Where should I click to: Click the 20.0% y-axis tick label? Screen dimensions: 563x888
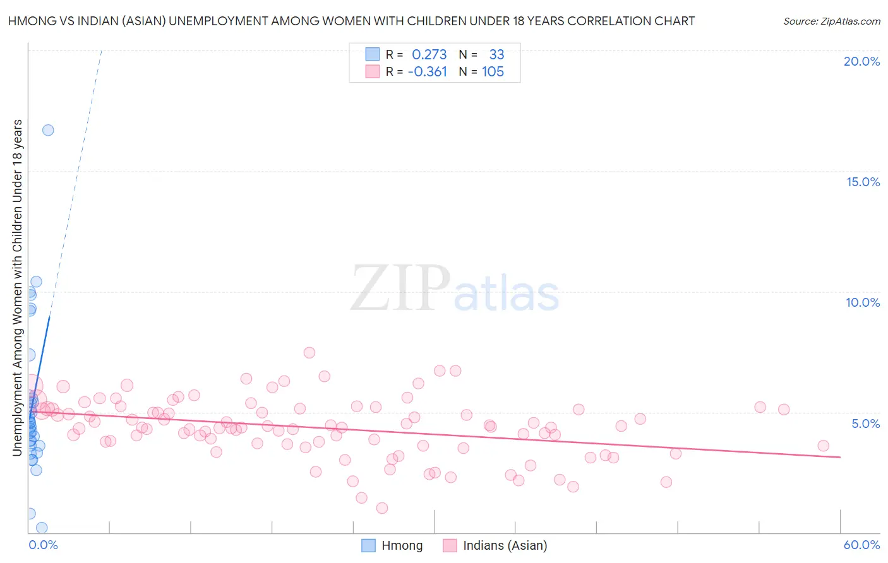coord(861,61)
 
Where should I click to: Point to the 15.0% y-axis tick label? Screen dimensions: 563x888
coord(863,182)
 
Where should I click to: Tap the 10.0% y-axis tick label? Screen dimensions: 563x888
coord(863,302)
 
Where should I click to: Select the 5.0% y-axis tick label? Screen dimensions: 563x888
coord(865,424)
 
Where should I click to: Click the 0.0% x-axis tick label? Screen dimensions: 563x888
coord(43,545)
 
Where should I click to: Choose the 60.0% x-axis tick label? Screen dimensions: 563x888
coord(861,545)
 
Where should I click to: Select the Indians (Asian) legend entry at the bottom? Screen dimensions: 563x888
coord(496,545)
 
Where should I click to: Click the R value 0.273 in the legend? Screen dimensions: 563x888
coord(429,55)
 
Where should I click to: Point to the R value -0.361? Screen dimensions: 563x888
coord(428,72)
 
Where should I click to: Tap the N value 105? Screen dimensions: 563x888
coord(493,72)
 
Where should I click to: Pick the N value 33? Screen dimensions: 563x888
coord(496,55)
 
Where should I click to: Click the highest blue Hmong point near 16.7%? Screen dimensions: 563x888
coord(48,130)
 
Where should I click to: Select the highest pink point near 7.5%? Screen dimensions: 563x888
coord(309,353)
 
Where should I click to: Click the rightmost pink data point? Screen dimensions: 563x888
coord(823,446)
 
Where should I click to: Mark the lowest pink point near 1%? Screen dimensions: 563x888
coord(381,508)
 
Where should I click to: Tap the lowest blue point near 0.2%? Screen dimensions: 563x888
coord(42,528)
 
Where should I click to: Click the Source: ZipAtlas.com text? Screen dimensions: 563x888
coord(831,21)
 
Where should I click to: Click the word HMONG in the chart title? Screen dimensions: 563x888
coord(31,21)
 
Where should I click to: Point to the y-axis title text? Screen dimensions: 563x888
coord(17,287)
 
